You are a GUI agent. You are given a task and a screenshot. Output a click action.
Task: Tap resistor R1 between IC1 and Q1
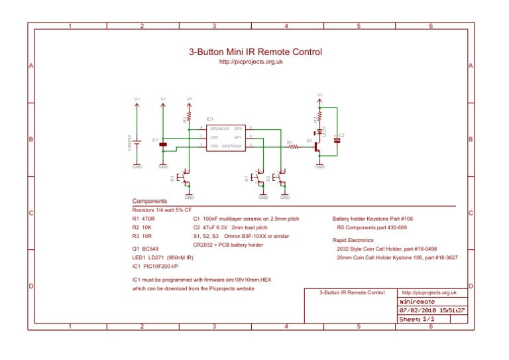pos(290,147)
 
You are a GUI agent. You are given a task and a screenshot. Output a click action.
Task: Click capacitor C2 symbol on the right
pos(337,139)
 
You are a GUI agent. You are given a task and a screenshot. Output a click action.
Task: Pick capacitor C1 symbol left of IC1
pos(163,143)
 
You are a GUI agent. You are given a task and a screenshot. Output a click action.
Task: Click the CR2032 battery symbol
pos(137,143)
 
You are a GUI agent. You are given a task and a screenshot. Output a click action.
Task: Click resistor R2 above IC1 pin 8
pos(189,120)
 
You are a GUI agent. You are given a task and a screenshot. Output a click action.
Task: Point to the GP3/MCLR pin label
pos(219,127)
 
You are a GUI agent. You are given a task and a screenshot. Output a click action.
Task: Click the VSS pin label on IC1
pos(214,146)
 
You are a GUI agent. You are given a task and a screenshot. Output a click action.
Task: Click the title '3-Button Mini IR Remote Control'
pos(255,52)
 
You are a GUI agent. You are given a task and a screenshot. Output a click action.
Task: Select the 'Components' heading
pos(149,201)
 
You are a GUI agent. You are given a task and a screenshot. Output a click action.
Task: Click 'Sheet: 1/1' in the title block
pos(414,319)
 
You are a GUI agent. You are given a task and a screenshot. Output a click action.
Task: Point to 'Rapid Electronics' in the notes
pos(353,240)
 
